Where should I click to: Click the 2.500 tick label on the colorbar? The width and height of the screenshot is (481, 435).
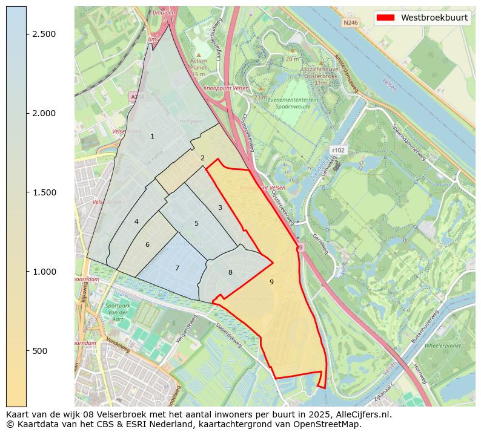[x=45, y=34]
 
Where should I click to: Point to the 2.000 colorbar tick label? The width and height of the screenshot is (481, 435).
[x=45, y=113]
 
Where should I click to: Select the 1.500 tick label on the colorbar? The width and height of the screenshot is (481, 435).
[x=45, y=192]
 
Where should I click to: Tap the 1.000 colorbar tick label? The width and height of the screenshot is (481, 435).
[x=45, y=272]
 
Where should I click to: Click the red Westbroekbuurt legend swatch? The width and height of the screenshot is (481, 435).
[x=385, y=18]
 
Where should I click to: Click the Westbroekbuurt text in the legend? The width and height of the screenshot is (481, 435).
[x=434, y=18]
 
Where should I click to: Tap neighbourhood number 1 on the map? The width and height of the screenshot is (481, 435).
[x=152, y=136]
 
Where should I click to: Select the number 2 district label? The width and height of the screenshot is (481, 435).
[x=202, y=159]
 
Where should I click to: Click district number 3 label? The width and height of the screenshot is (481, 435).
[x=220, y=208]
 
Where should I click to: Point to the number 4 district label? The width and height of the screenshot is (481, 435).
[x=136, y=221]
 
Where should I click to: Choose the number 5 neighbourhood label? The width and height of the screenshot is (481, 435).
[x=196, y=223]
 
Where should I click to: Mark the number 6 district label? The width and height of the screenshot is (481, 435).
[x=147, y=244]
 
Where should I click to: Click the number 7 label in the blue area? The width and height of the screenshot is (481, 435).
[x=177, y=268]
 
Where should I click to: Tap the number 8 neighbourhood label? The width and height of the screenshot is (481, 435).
[x=230, y=272]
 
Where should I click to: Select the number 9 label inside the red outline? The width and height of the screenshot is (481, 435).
[x=271, y=282]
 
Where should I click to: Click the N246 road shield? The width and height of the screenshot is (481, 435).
[x=351, y=23]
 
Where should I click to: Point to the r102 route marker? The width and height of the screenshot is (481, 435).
[x=337, y=149]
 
